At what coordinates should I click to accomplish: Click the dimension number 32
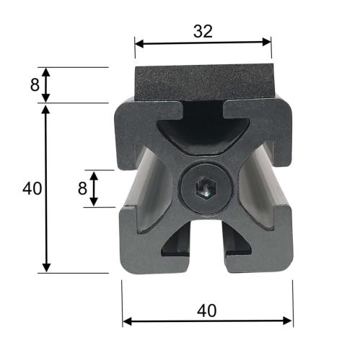pos(203,32)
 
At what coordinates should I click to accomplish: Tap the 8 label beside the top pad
pos(35,84)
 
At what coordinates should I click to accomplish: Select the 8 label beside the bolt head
pos(82,188)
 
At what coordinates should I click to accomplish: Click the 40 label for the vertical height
pos(32,188)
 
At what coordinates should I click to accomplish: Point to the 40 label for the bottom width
pos(206,310)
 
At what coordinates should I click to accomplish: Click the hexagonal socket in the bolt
pos(206,188)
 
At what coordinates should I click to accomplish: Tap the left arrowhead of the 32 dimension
pos(139,44)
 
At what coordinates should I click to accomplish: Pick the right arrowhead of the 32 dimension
pos(267,42)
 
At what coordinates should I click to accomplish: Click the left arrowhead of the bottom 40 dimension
pos(127,321)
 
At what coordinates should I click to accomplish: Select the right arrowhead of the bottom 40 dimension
pos(287,321)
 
